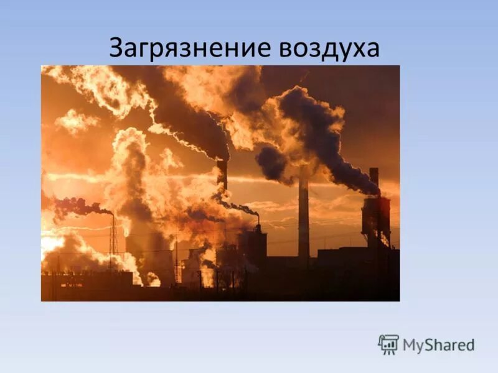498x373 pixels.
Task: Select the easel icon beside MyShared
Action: tap(388, 344)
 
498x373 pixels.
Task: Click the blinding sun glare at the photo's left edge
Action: tap(50, 242)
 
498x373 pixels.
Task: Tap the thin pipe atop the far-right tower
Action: tap(374, 180)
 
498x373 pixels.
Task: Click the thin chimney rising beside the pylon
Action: tap(113, 230)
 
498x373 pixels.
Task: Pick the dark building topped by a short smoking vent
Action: tap(254, 246)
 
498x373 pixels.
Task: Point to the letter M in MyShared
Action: tap(410, 344)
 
